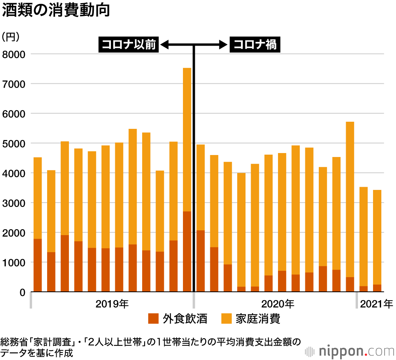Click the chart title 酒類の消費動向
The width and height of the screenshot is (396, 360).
click(x=55, y=11)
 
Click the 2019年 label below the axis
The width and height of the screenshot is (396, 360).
click(x=112, y=304)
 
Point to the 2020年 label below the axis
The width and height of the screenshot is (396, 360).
click(x=278, y=304)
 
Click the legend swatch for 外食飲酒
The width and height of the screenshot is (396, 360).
click(x=153, y=318)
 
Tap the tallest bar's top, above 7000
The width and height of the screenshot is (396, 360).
click(x=187, y=69)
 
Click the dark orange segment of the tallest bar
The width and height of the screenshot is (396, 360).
click(x=187, y=251)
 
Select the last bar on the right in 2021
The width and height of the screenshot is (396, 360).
click(x=377, y=238)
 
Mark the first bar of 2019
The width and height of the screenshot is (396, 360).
click(x=38, y=222)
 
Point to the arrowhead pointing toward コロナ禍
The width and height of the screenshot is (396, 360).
click(x=222, y=45)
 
